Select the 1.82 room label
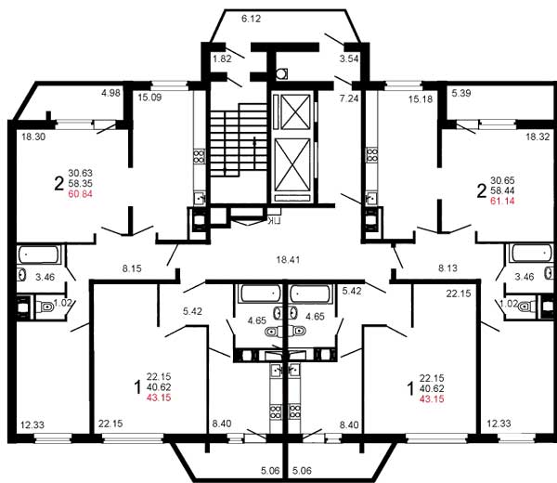pyautogui.click(x=222, y=59)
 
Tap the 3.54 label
pyautogui.click(x=349, y=59)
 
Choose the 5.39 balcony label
pyautogui.click(x=461, y=94)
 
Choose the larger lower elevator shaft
pyautogui.click(x=293, y=173)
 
